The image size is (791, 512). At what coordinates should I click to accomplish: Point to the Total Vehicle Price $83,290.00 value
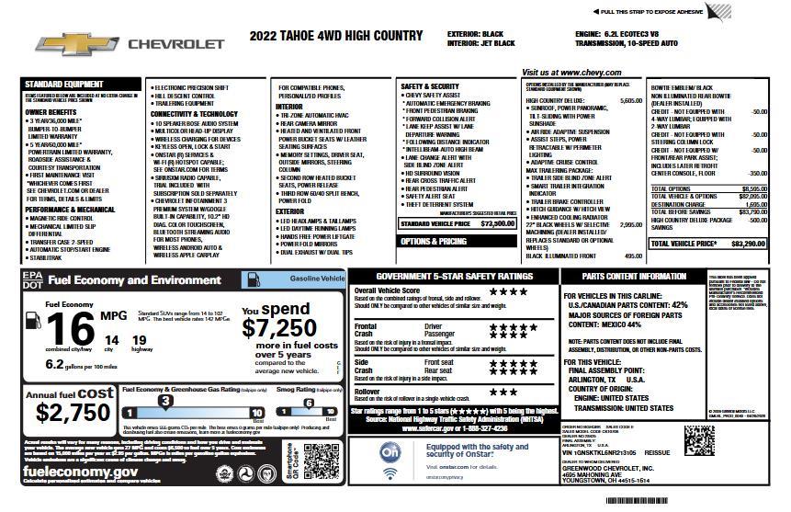pos(748,244)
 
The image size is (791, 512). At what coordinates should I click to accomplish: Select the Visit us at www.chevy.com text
pos(571,72)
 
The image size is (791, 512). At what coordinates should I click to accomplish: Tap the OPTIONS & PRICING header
pos(433,241)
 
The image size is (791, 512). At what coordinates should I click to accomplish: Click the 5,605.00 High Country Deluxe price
pos(631,100)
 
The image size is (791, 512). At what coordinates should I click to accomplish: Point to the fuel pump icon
pos(33,322)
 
